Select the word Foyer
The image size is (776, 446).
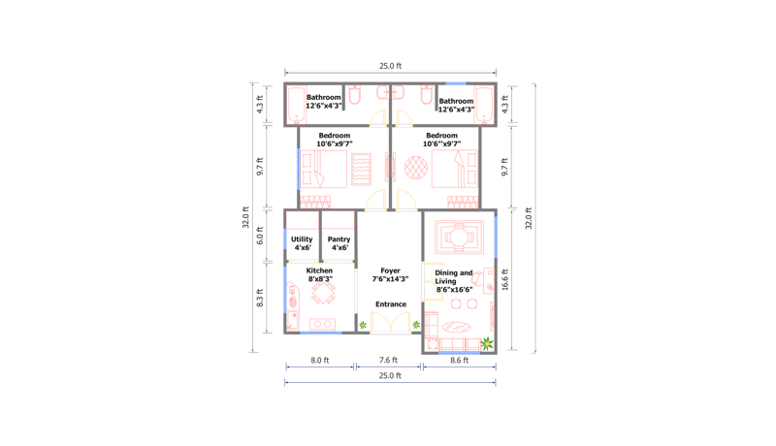pyautogui.click(x=390, y=271)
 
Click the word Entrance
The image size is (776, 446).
pyautogui.click(x=391, y=304)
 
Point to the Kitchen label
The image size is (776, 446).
pyautogui.click(x=320, y=271)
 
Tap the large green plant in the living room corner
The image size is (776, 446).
pyautogui.click(x=487, y=342)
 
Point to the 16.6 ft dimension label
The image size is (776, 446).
pyautogui.click(x=505, y=282)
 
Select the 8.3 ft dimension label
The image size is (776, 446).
pyautogui.click(x=260, y=298)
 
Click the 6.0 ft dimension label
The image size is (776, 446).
pyautogui.click(x=260, y=238)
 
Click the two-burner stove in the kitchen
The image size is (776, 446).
pyautogui.click(x=321, y=324)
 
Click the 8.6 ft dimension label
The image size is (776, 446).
pyautogui.click(x=459, y=361)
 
